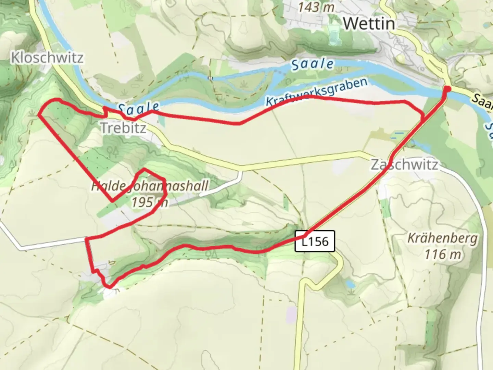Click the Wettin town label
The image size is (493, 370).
(369, 23)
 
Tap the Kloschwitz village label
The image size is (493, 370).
(47, 58)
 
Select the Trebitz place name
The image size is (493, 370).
(123, 128)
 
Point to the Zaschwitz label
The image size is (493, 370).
(404, 165)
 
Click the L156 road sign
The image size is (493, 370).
(315, 241)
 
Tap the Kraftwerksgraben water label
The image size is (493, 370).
(316, 92)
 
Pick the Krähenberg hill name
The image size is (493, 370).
(442, 238)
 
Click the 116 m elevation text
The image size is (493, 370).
(442, 255)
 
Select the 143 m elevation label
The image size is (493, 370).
(315, 7)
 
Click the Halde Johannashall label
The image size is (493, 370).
(150, 186)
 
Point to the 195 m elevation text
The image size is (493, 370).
(150, 202)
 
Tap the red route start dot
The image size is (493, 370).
(447, 89)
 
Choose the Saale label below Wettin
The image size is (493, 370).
(312, 64)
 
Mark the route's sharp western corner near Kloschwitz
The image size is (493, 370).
(38, 114)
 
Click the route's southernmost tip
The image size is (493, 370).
(109, 287)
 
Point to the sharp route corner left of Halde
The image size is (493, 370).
(112, 201)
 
